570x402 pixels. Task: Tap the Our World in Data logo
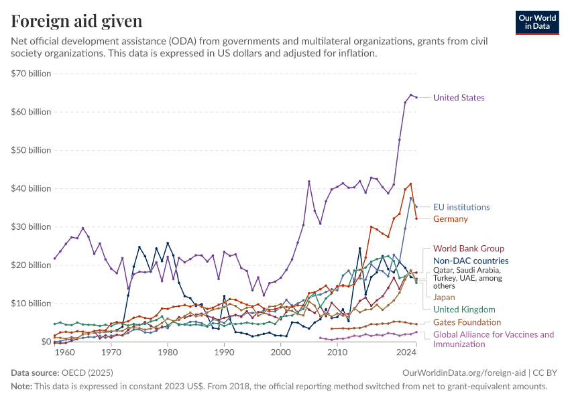click(x=537, y=22)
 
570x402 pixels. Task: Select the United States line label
click(x=459, y=98)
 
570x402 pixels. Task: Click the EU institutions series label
click(x=461, y=207)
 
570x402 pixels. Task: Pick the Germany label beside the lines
click(x=451, y=219)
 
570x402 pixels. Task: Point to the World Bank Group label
click(x=469, y=249)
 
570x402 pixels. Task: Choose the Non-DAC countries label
click(x=471, y=261)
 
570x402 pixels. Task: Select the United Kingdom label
click(x=464, y=310)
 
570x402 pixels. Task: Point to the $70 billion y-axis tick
click(x=31, y=74)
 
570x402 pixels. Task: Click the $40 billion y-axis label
click(x=31, y=188)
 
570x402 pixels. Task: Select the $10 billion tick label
click(x=31, y=304)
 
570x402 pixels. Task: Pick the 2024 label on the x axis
click(x=406, y=352)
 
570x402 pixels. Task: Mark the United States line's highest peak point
click(x=411, y=95)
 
